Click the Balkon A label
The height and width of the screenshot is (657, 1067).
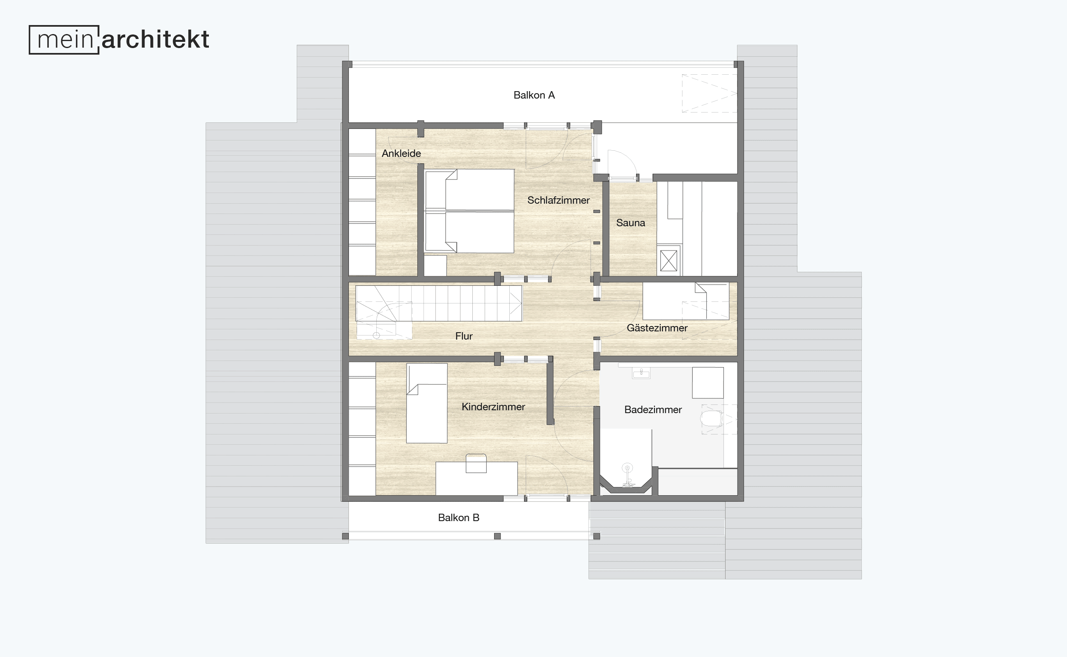coord(534,95)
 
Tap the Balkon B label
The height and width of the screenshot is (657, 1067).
coord(458,517)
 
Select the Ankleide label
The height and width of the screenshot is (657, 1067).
coord(401,154)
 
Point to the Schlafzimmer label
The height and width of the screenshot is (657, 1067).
coord(559,200)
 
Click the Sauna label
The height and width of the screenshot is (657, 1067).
coord(631,223)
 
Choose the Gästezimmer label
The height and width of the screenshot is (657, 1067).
coord(657,328)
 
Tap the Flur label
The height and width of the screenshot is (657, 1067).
coord(464,336)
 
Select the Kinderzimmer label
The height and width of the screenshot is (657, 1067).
coord(493,407)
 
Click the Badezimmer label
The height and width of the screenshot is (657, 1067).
coord(653,410)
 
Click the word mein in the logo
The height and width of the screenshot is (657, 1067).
coord(65,40)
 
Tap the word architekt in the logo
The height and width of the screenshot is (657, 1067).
coord(156,39)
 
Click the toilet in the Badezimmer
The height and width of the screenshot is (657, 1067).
coord(711,419)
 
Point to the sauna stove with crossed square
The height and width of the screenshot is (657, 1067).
coord(669,261)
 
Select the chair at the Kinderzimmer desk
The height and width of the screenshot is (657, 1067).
coord(476,463)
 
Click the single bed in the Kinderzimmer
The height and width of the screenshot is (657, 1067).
coord(426,403)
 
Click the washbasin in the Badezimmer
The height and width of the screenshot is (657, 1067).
coord(641,373)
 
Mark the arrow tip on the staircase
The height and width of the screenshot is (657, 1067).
coord(521,303)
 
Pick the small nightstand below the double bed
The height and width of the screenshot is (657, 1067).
coord(435,266)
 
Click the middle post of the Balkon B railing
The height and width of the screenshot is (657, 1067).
coord(497,536)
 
